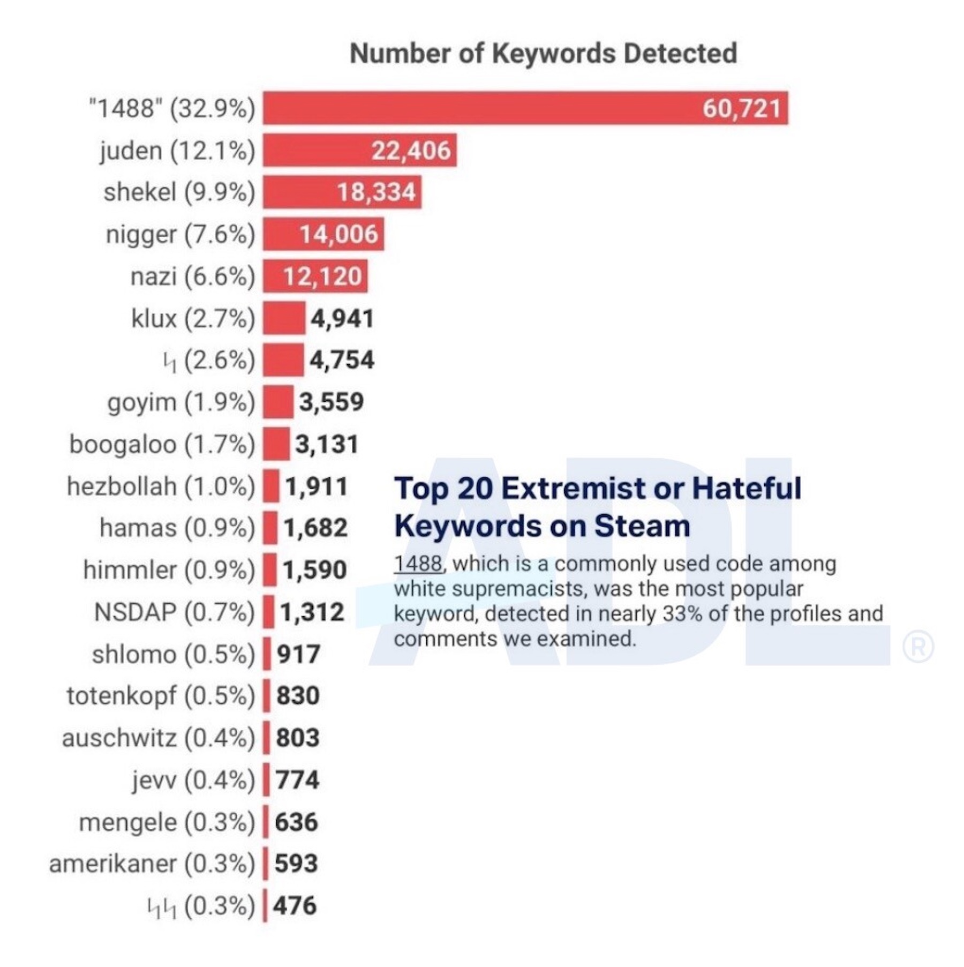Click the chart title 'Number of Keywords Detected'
pos(543,54)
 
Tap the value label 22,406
pos(411,151)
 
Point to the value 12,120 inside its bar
pos(322,276)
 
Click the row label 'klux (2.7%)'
pos(193,319)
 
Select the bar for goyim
pos(278,402)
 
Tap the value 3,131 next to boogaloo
pos(327,445)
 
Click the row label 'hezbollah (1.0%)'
pos(161,486)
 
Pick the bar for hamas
pos(270,528)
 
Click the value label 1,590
pos(315,570)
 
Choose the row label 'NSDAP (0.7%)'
pos(174,612)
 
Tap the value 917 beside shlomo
pos(298,654)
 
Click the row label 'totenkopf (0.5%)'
pos(161,696)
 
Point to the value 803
pos(298,738)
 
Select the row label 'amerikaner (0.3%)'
pos(152,864)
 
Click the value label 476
pos(295,906)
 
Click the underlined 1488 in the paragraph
pos(418,564)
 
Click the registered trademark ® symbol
pos(918,647)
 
